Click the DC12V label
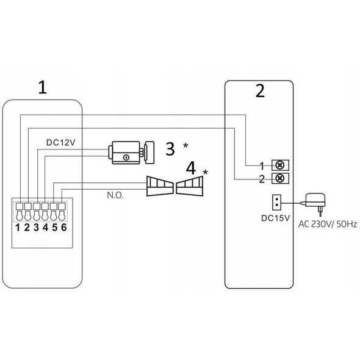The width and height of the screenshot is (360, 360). point(61,143)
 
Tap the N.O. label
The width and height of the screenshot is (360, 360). point(115,195)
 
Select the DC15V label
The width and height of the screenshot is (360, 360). point(276,218)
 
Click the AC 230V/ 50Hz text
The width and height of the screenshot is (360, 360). point(328,224)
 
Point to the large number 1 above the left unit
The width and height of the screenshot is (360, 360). point(43,87)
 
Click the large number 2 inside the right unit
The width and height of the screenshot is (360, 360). point(260,91)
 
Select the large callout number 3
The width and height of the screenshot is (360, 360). point(170,148)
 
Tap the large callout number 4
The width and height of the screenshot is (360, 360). point(191,168)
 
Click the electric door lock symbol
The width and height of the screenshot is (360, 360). point(131,153)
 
